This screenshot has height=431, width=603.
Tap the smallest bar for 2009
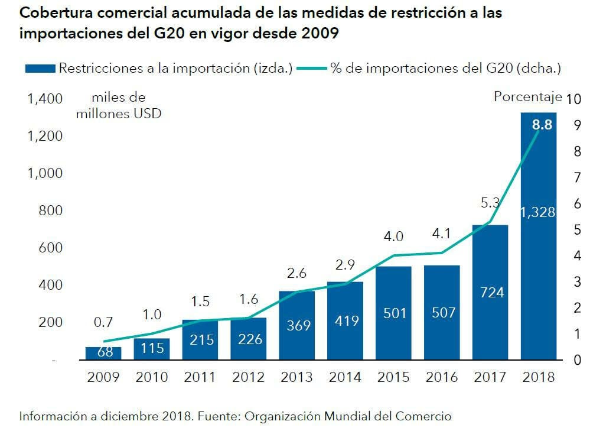(x=103, y=353)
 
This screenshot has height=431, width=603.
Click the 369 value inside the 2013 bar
(x=296, y=325)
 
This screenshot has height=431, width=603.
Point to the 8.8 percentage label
(x=542, y=125)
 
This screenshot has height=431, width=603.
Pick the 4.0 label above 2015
(x=393, y=236)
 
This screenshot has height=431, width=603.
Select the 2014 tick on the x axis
(x=345, y=377)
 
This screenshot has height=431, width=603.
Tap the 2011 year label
(x=200, y=377)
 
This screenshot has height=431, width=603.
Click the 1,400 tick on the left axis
(x=45, y=99)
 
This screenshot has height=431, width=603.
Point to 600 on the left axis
(x=50, y=248)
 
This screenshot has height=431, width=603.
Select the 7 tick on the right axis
(x=577, y=177)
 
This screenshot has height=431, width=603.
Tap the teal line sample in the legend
(x=311, y=69)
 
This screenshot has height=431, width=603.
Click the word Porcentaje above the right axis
(x=527, y=97)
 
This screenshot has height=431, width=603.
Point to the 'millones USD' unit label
(x=118, y=113)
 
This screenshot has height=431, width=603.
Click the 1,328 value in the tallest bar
(x=538, y=212)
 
